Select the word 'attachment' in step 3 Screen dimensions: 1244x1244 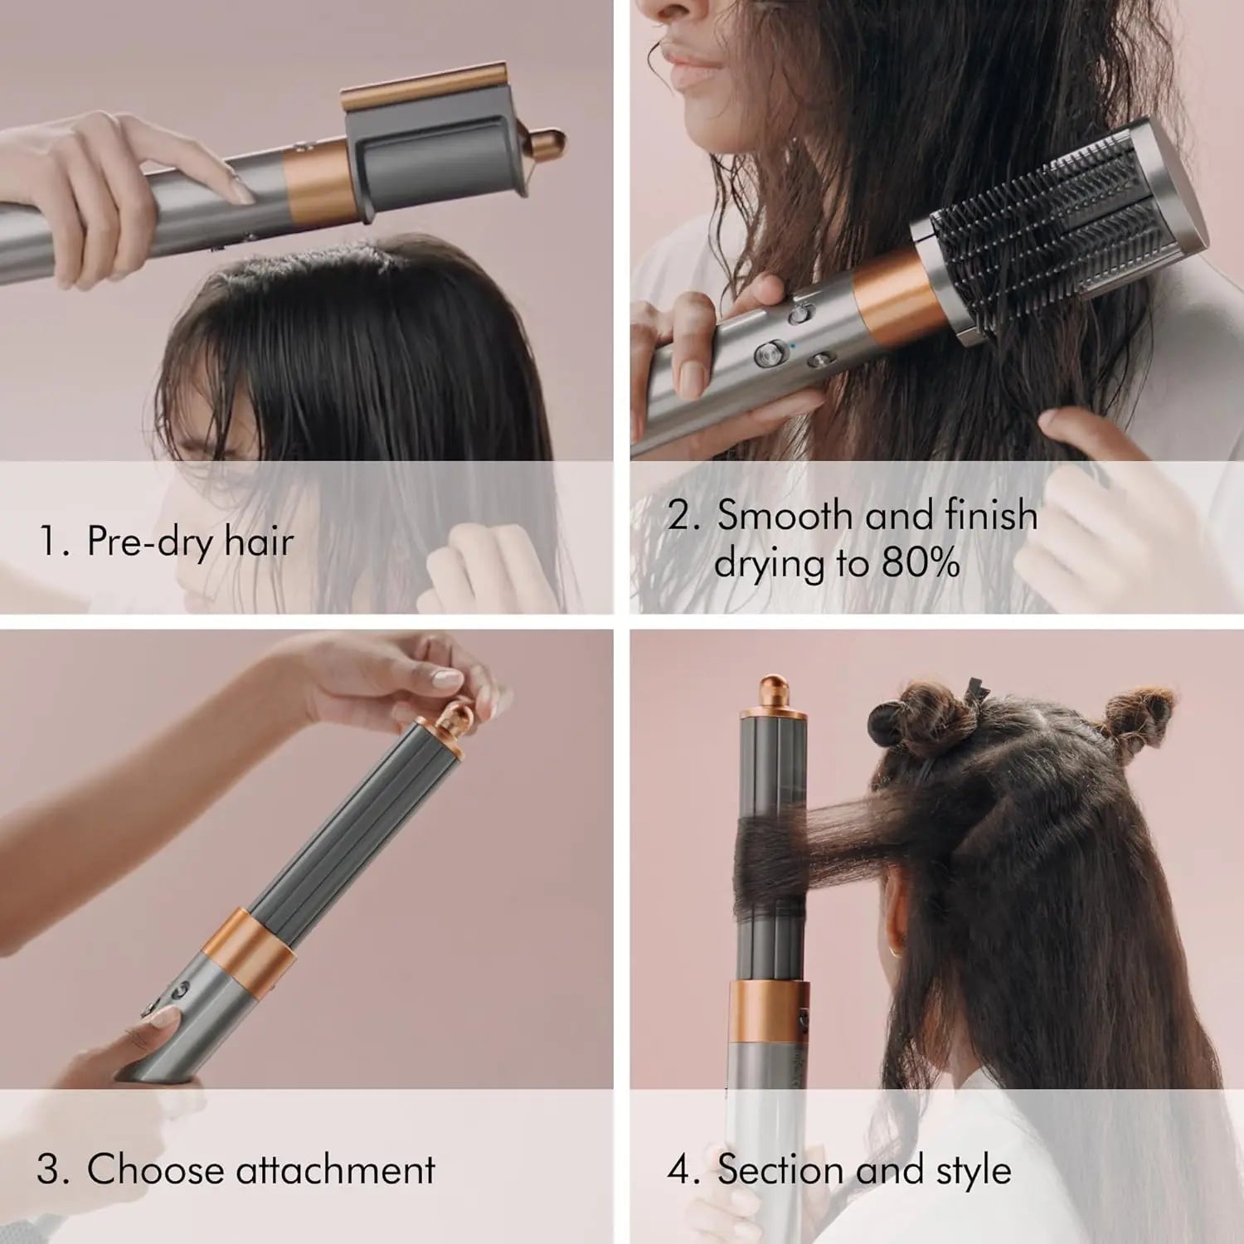pyautogui.click(x=335, y=1170)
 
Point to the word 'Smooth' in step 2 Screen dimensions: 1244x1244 pyautogui.click(x=785, y=515)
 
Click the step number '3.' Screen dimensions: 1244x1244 pyautogui.click(x=54, y=1170)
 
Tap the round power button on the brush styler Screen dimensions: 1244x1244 pyautogui.click(x=767, y=355)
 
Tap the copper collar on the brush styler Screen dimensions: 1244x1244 pyautogui.click(x=892, y=300)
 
